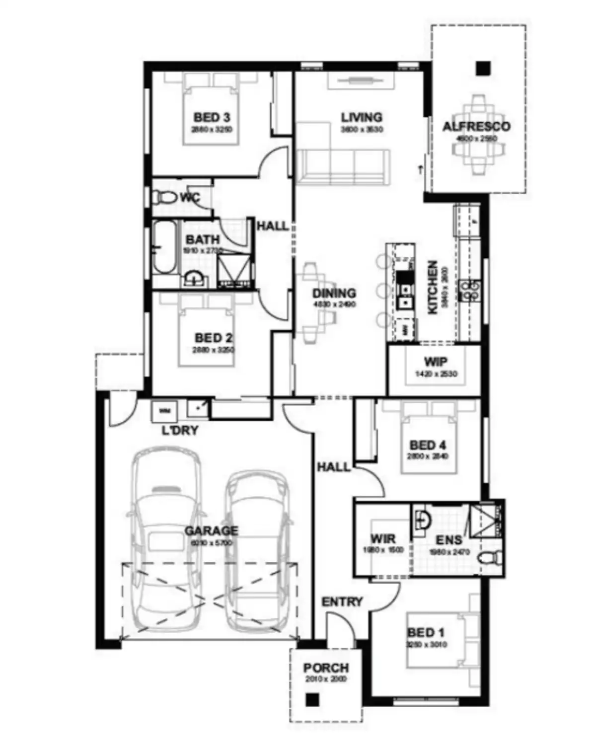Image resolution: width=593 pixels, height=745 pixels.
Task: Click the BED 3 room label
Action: point(212,118)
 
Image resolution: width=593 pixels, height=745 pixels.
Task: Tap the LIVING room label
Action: point(361,117)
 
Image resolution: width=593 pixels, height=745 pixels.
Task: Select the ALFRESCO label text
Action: point(476,127)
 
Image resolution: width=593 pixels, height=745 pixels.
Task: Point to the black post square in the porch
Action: point(311,700)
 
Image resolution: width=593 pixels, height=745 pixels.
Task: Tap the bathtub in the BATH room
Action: point(164,247)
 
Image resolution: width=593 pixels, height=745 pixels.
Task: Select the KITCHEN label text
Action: point(433,287)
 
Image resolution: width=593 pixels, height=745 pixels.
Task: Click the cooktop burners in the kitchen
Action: point(470,291)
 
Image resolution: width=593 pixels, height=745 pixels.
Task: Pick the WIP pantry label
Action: point(435,362)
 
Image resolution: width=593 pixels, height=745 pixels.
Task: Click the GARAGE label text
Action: point(211,531)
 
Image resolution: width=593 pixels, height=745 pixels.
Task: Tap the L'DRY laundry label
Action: point(180,430)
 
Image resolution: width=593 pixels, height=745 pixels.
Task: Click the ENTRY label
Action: point(342,602)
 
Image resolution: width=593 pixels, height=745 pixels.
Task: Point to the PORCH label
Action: point(326,668)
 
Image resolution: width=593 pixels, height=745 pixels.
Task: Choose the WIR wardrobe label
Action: point(383,539)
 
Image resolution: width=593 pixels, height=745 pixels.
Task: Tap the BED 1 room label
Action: point(426,633)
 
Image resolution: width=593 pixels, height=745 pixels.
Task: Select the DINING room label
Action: point(334,293)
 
